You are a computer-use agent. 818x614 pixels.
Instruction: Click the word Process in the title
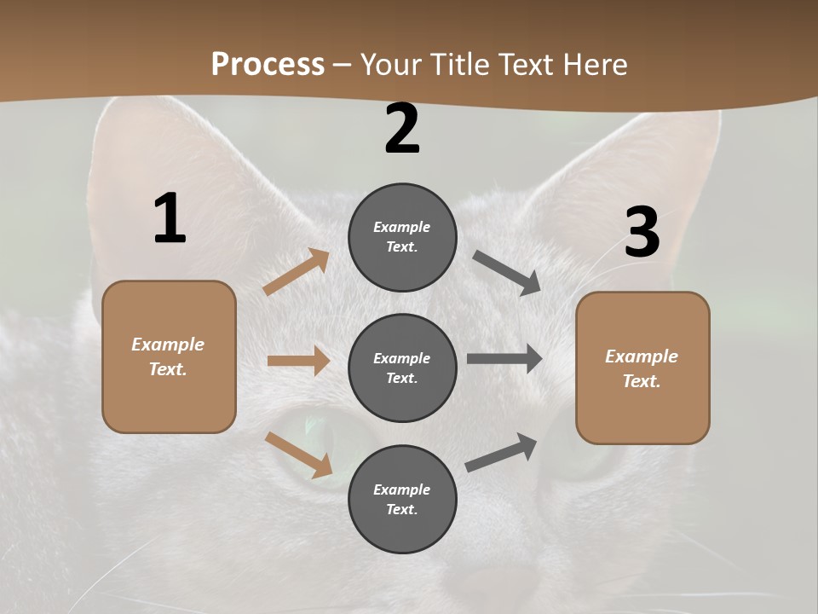coord(268,65)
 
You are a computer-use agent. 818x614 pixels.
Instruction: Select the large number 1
coord(170,219)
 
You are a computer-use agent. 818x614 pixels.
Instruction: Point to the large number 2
coord(402,129)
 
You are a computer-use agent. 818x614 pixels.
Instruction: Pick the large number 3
coord(642,233)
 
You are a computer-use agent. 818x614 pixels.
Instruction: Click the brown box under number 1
coord(169,356)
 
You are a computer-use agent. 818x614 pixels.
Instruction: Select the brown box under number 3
coord(642,368)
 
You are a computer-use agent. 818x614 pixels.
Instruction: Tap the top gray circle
coord(402,237)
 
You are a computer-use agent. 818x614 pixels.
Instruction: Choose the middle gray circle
coord(402,368)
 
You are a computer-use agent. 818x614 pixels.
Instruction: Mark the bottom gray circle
coord(402,499)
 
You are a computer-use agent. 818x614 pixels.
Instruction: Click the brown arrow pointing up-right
coord(297,272)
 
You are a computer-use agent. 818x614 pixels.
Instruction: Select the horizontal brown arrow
coord(298,361)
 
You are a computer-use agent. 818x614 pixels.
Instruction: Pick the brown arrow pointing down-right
coord(298,454)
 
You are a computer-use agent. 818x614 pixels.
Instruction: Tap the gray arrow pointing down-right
coord(507,273)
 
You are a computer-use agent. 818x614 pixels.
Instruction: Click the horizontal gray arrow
coord(504,359)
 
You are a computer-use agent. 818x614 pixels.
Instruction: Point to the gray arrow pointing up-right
coord(501,453)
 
